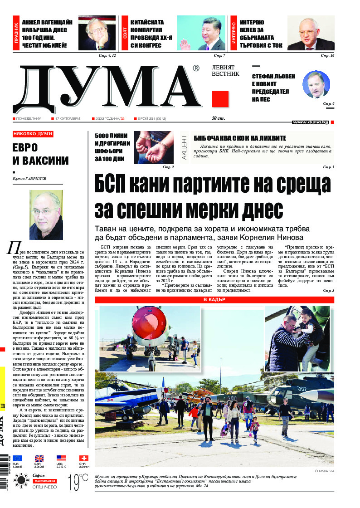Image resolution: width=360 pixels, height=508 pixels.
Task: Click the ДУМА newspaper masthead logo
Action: click(x=109, y=87)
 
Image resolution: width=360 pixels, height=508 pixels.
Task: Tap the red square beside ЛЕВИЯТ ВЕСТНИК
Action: click(x=220, y=99)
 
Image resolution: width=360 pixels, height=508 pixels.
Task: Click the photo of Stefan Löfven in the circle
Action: click(x=316, y=85)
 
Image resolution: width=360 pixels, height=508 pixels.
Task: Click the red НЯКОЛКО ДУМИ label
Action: click(x=33, y=134)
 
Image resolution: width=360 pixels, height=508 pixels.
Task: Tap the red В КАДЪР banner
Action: click(x=214, y=300)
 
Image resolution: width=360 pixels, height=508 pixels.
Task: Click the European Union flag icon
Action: click(x=17, y=458)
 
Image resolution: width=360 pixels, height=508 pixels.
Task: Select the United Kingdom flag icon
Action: click(x=39, y=458)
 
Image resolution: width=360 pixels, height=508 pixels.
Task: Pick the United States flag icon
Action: click(x=61, y=458)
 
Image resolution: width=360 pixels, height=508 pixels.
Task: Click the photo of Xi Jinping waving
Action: click(x=201, y=33)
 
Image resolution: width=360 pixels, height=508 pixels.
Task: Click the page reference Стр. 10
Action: click(x=327, y=55)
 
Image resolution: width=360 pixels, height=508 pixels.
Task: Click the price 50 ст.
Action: click(x=219, y=118)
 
